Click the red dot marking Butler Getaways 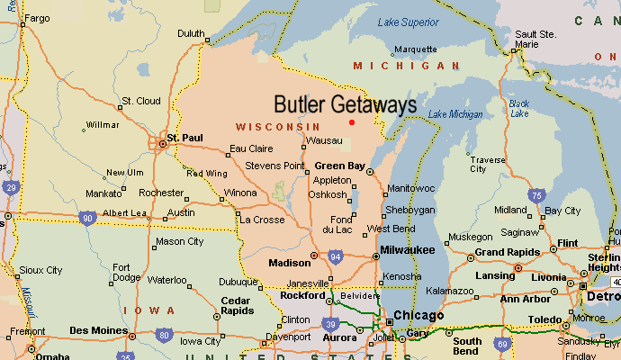(x=352, y=121)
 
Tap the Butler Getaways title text (x=345, y=104)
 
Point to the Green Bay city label (x=339, y=166)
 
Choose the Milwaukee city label (x=407, y=249)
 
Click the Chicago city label (x=419, y=316)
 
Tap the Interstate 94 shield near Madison (x=335, y=257)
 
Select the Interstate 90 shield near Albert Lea (x=87, y=218)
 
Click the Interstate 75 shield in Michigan (x=536, y=195)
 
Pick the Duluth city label (x=191, y=33)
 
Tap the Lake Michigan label (x=455, y=114)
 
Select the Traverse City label (x=488, y=164)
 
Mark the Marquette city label (x=415, y=49)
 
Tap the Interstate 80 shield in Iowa (x=162, y=335)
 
